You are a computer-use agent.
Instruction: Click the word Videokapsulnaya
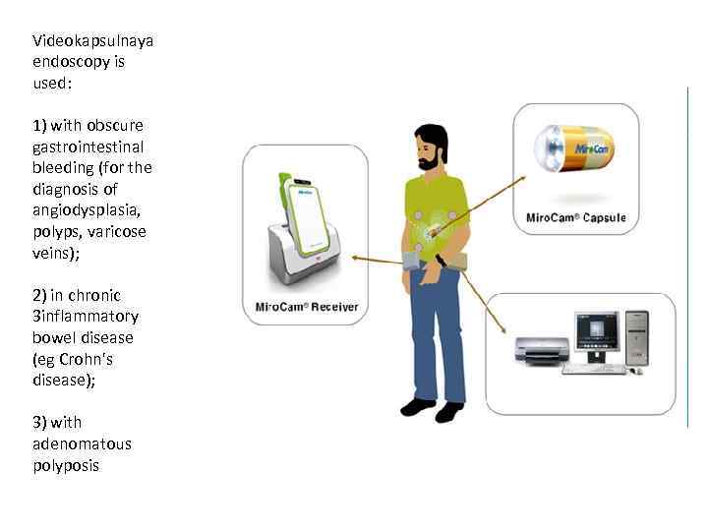point(92,40)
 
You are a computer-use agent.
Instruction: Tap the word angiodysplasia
point(88,210)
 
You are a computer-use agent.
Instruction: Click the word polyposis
point(66,465)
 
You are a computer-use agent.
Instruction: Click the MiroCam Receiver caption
point(307,307)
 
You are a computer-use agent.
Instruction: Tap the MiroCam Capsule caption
point(576,217)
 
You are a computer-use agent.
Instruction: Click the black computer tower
point(638,338)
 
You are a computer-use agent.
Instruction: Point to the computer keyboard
point(593,370)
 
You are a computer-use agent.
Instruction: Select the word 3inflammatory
point(86,317)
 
